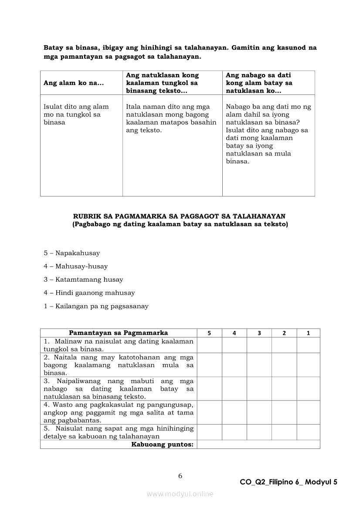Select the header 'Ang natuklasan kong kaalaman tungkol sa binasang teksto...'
click(162, 83)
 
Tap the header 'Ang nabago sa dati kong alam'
click(259, 83)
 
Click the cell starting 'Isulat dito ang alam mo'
click(76, 115)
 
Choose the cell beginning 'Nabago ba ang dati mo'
click(268, 134)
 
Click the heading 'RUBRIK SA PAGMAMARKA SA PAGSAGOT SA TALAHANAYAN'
click(180, 216)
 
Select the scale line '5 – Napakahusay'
click(72, 253)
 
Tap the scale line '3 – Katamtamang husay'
click(83, 280)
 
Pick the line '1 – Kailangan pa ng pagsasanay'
click(96, 306)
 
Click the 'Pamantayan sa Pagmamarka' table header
click(118, 333)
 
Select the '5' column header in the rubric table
click(209, 333)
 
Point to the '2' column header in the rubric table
click(284, 333)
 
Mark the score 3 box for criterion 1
click(259, 345)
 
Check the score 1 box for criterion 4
click(309, 412)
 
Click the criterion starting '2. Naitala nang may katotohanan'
click(118, 365)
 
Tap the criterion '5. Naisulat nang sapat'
click(118, 432)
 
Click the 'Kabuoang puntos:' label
click(162, 445)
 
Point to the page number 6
click(180, 476)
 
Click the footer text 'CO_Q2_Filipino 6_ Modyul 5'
click(289, 482)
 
